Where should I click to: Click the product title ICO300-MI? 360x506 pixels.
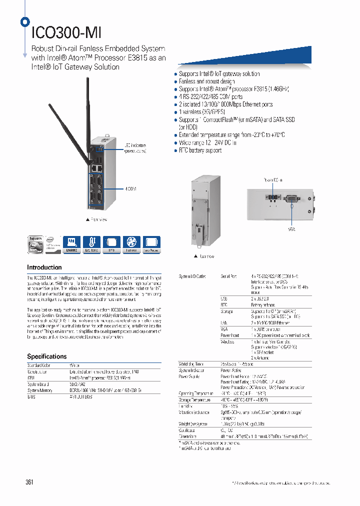[x=66, y=33]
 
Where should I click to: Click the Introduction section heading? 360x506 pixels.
[x=44, y=267]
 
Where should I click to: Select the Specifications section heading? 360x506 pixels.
[x=46, y=356]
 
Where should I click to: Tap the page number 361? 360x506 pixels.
[x=29, y=482]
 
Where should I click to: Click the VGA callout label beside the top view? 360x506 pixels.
[x=291, y=229]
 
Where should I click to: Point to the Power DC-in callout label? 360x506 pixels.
[x=273, y=180]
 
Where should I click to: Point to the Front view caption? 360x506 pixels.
[x=97, y=219]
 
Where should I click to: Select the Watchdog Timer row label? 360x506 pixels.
[x=191, y=364]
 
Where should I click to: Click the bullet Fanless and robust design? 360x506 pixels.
[x=206, y=81]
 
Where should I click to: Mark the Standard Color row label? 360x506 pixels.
[x=39, y=365]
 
